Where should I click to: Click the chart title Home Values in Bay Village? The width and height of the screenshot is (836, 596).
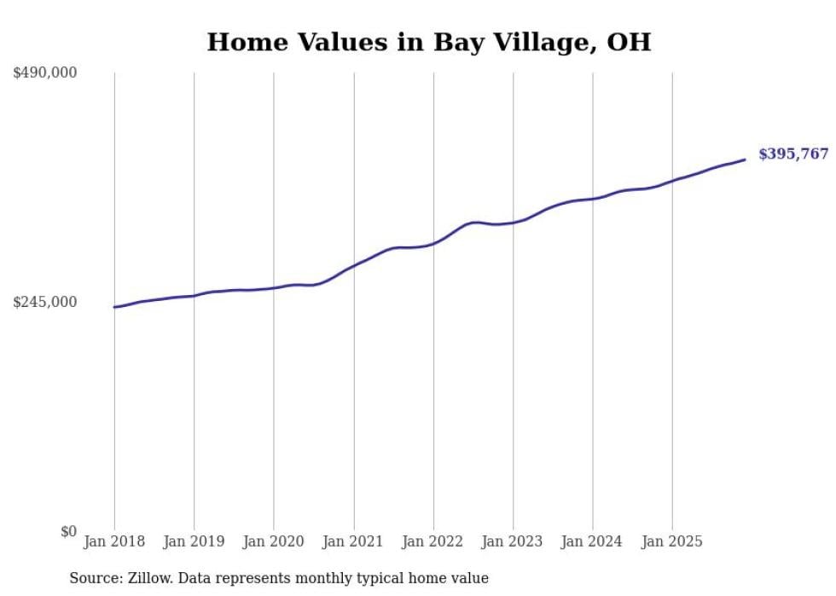coord(428,42)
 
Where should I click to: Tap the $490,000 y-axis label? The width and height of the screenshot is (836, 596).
coord(44,73)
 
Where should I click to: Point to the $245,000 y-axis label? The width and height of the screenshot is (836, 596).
coord(44,302)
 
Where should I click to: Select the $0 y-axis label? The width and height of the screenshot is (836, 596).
coord(68,531)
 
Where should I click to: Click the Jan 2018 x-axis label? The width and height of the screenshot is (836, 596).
coord(114,541)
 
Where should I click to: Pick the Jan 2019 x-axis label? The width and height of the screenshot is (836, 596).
coord(194,541)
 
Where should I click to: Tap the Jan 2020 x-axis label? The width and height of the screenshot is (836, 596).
coord(274,541)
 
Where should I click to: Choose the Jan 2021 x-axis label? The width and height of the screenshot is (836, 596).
coord(353,541)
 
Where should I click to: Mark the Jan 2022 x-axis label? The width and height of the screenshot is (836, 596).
coord(433,541)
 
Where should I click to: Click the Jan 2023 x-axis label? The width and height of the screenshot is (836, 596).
coord(513,541)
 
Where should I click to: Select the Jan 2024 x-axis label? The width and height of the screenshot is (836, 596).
coord(593,541)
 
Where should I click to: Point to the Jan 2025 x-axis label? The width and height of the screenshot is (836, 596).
coord(672,541)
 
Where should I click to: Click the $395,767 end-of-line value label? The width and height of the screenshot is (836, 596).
coord(792,154)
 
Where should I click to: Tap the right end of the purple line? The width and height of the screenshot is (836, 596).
coord(745,159)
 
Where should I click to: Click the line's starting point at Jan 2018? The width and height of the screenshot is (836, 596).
coord(114,307)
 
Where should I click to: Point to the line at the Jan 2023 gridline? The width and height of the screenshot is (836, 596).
coord(513,223)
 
